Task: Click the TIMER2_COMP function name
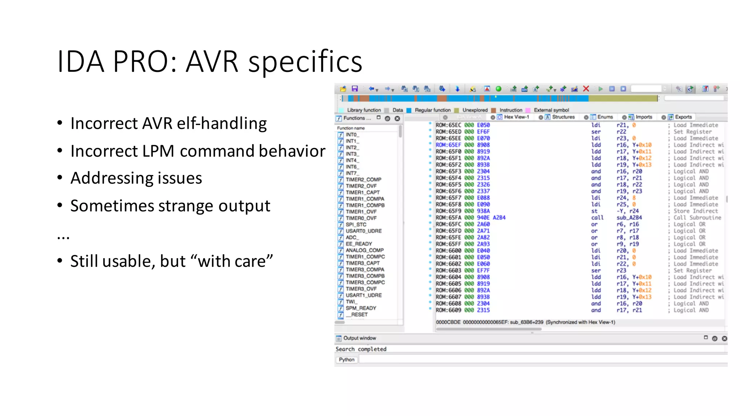(363, 179)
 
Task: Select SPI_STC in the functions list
(356, 225)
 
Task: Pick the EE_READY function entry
(358, 244)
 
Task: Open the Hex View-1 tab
(516, 117)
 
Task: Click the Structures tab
(563, 117)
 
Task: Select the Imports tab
(644, 117)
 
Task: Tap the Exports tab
(683, 117)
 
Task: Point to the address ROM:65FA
(448, 218)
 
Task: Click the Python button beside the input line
(347, 360)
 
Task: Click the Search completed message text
(361, 349)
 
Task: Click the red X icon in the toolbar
(586, 89)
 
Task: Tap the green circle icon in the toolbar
(499, 89)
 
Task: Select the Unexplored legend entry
(475, 110)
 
